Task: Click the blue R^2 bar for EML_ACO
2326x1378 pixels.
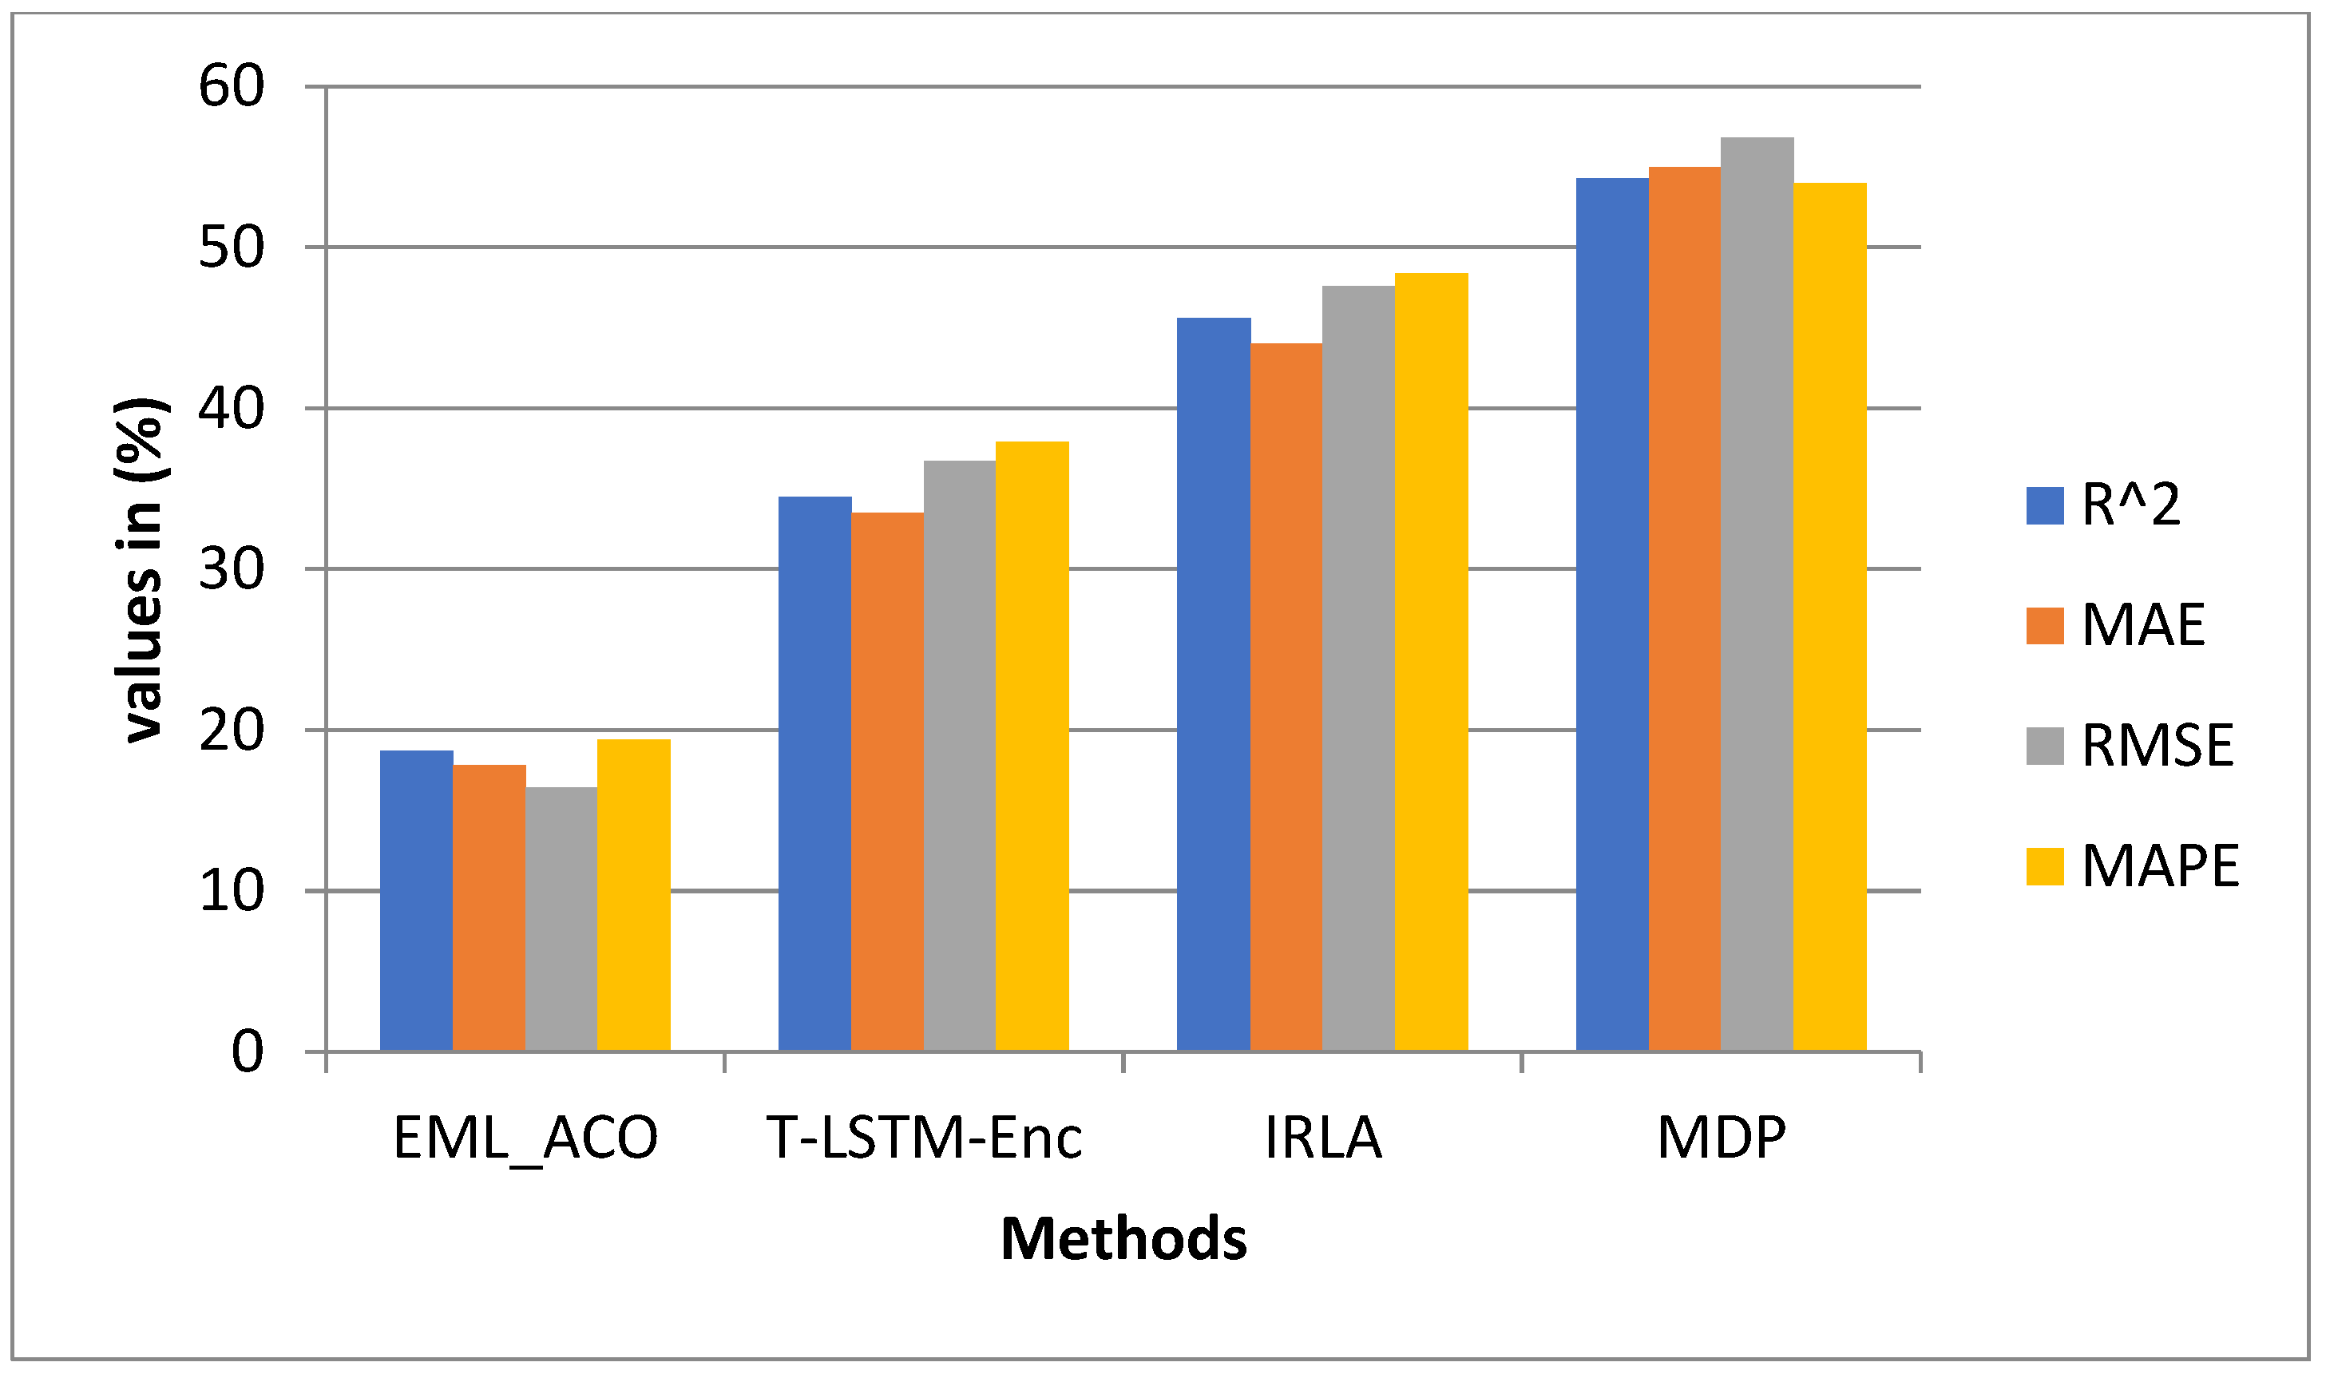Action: click(416, 901)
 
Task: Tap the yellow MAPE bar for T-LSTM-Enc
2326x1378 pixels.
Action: click(1032, 746)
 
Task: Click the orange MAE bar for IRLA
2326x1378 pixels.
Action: click(1286, 697)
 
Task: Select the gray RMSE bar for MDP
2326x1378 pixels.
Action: click(1757, 594)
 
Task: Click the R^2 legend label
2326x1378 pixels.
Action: click(2131, 506)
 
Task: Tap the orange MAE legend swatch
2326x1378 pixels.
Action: click(2045, 626)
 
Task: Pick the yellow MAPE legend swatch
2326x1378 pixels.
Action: click(2045, 866)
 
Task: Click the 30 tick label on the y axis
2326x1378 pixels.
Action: click(232, 569)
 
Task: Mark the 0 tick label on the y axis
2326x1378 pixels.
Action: click(247, 1052)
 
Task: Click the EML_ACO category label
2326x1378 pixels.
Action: click(525, 1138)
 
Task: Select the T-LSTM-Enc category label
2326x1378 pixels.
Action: click(925, 1138)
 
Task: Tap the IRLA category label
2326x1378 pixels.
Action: click(1323, 1138)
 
